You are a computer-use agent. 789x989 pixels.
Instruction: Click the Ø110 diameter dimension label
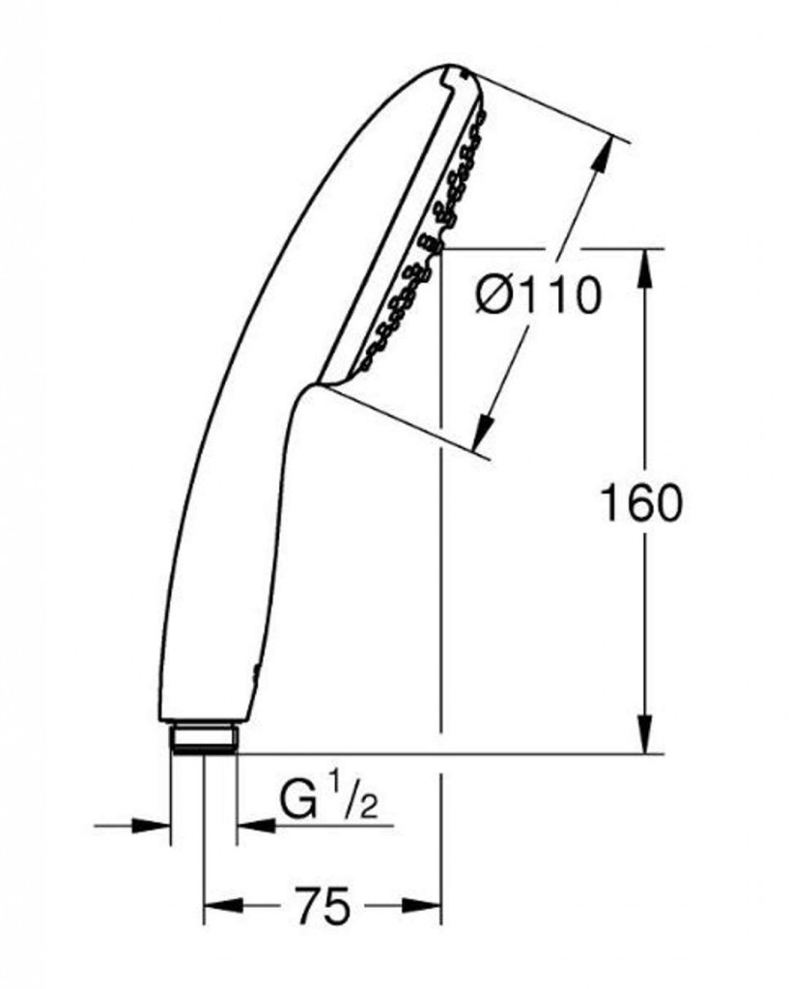[537, 296]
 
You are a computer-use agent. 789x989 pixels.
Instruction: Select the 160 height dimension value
[640, 503]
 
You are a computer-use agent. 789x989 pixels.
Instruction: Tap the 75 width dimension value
[323, 906]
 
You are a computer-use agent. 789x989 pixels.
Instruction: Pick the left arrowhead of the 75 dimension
[224, 905]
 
